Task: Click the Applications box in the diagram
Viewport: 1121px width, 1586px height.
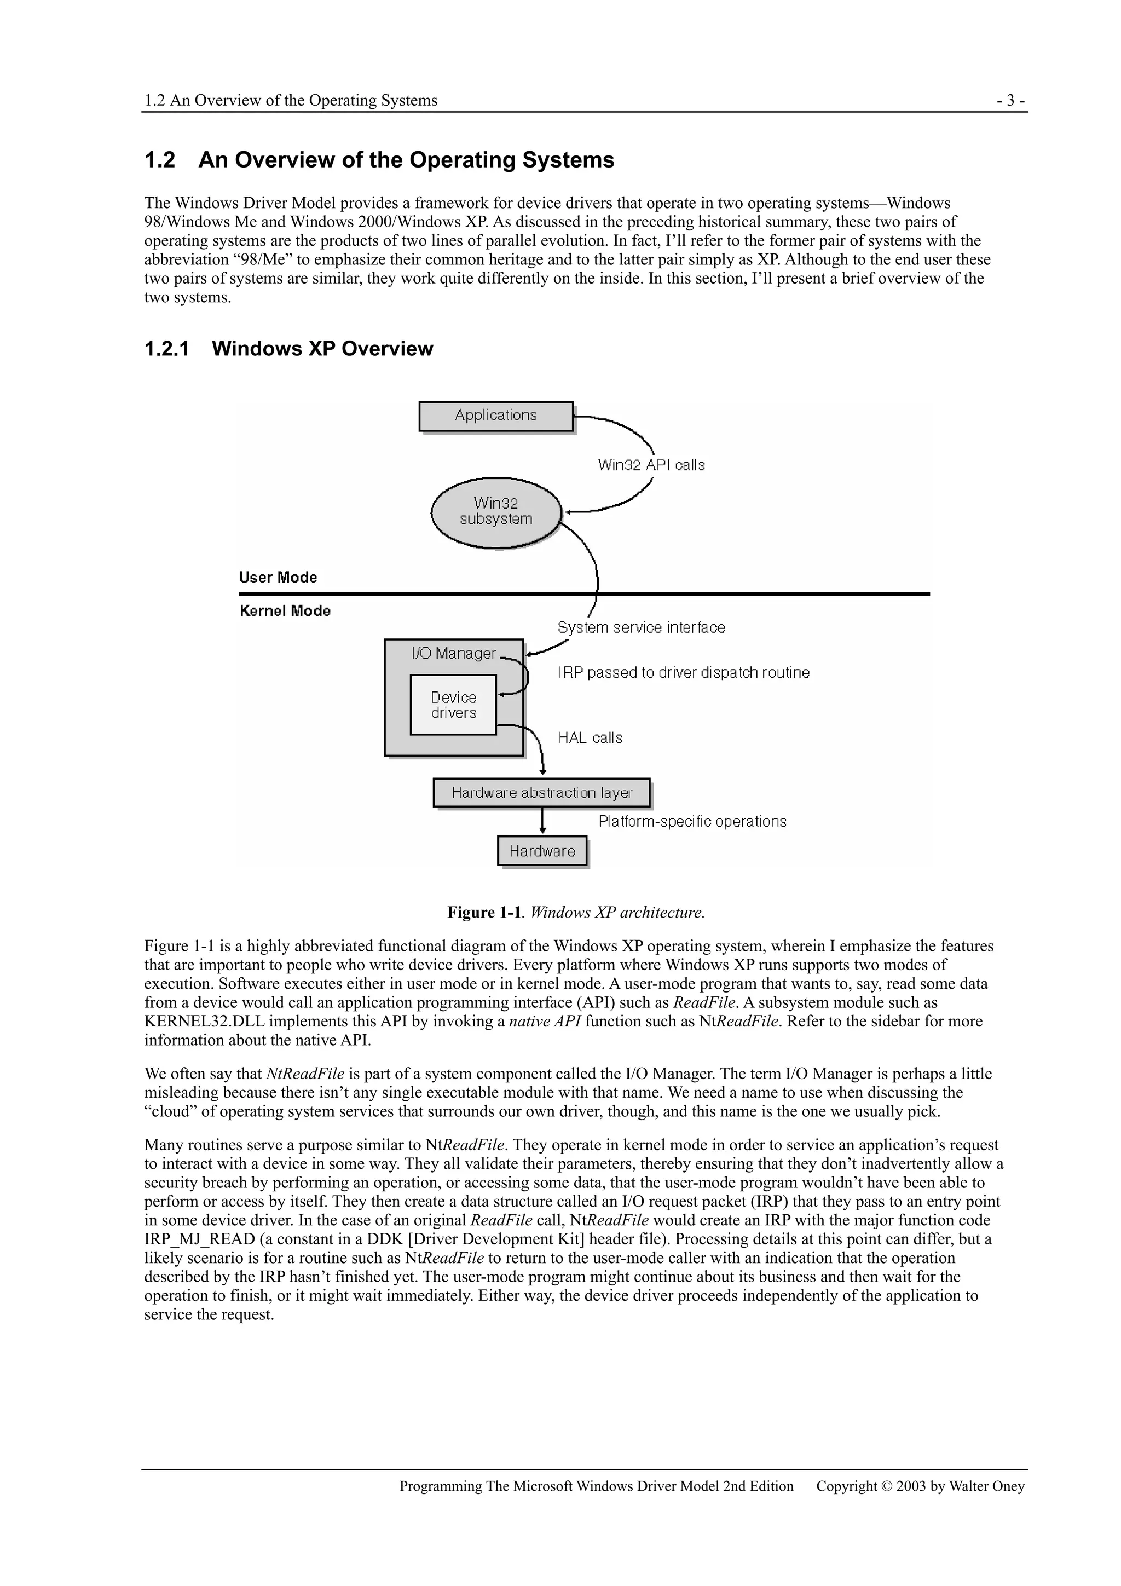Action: [x=496, y=416]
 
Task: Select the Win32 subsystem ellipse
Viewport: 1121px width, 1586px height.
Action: [x=496, y=512]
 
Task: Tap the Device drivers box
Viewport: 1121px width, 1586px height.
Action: [x=453, y=705]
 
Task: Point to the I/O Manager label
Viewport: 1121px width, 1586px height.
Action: [x=453, y=654]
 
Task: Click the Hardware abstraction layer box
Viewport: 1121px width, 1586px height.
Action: [x=541, y=793]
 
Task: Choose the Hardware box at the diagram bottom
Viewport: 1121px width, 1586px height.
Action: [x=542, y=851]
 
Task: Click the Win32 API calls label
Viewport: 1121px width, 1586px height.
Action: [x=651, y=465]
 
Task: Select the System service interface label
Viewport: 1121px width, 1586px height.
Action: [x=641, y=628]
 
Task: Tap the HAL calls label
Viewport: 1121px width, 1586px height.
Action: [x=590, y=739]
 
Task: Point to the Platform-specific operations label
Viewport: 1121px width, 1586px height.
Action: [x=692, y=822]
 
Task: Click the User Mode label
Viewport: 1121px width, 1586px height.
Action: [x=278, y=578]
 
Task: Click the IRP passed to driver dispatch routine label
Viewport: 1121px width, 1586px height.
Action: [x=684, y=673]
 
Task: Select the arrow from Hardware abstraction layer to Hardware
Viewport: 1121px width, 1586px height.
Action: [x=543, y=821]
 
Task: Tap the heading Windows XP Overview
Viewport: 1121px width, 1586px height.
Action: [x=322, y=349]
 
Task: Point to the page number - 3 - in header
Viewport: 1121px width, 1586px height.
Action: [x=1010, y=101]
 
